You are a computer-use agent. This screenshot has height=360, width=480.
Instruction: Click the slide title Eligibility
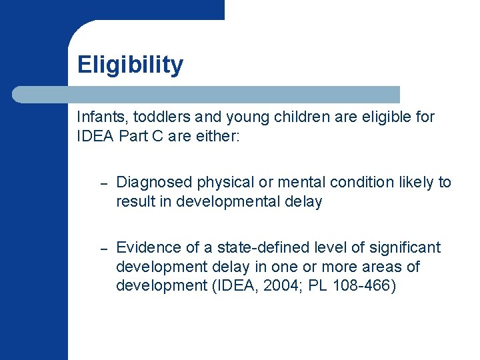point(130,65)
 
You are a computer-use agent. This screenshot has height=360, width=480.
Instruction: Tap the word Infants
point(97,117)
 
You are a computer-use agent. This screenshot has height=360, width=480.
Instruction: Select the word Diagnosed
point(150,183)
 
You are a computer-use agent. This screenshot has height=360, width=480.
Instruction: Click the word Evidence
point(145,248)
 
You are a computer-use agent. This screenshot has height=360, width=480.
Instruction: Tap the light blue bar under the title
point(207,95)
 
